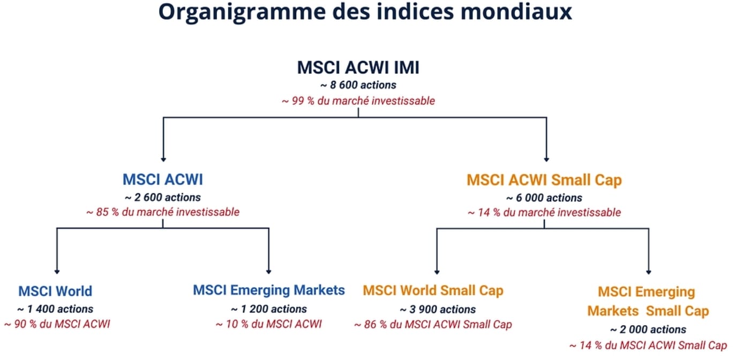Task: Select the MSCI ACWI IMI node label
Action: click(x=358, y=67)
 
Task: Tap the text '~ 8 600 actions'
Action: click(x=358, y=85)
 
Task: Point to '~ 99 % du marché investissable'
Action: click(x=358, y=101)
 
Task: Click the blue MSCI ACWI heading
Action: click(x=163, y=179)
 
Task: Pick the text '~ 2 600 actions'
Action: click(x=163, y=197)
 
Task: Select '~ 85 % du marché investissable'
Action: click(x=163, y=212)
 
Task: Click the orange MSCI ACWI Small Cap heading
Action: click(x=544, y=180)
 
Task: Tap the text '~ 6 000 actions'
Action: click(x=544, y=198)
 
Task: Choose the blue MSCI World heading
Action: click(x=55, y=291)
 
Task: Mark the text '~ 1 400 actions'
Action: click(x=55, y=309)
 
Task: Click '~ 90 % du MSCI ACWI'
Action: click(x=57, y=324)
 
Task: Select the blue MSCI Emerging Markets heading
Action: click(x=269, y=290)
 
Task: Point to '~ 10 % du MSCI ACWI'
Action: click(x=269, y=324)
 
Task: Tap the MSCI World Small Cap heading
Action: click(x=433, y=291)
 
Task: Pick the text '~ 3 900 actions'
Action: click(x=438, y=310)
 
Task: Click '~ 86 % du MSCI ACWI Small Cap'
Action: click(x=433, y=325)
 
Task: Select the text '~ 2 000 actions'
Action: click(x=648, y=329)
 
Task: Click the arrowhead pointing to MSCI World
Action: click(x=57, y=272)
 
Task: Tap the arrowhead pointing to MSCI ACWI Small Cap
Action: click(x=546, y=160)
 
